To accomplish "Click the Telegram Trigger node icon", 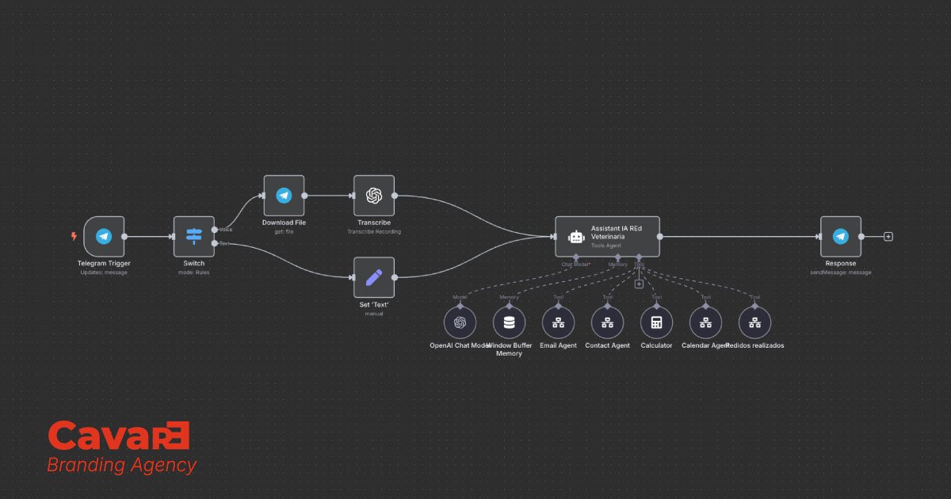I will coord(104,237).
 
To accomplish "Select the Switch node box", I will coord(194,237).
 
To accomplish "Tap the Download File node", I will coord(284,196).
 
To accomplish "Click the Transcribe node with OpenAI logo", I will coord(374,196).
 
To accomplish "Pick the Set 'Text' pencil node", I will coord(374,277).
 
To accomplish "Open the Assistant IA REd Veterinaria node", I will coord(607,237).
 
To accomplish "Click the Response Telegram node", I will coord(840,237).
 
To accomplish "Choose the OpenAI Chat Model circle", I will coord(460,322).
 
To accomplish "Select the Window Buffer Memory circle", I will coord(509,322).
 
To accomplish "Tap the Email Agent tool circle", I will coord(558,322).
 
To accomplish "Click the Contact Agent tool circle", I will coord(607,322).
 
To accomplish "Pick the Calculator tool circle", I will coord(656,322).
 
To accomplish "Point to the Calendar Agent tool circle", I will coord(705,322).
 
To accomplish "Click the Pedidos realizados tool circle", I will coord(754,322).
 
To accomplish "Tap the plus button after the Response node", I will coord(888,237).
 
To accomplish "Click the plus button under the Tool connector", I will coord(639,284).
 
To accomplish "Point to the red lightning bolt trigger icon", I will coord(74,236).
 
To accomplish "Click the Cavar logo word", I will coord(119,436).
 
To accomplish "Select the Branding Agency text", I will coord(121,465).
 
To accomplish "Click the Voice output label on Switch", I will coord(225,230).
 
